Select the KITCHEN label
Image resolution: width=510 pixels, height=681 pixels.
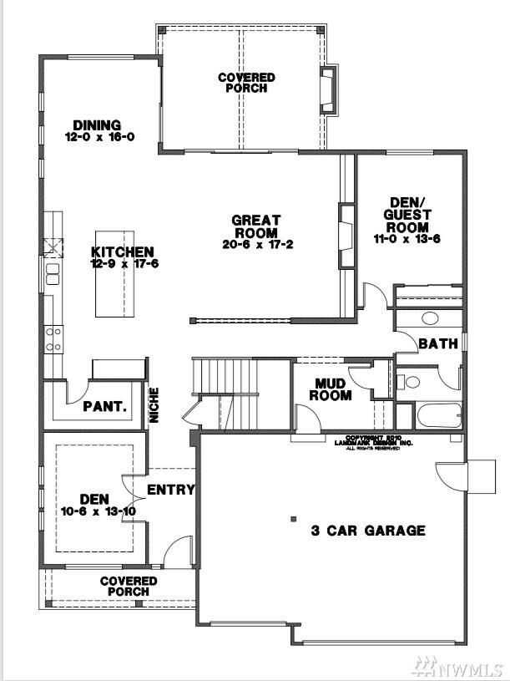tap(123, 252)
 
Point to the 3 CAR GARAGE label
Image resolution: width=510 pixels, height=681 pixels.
tap(368, 530)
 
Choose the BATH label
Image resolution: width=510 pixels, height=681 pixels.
tap(437, 343)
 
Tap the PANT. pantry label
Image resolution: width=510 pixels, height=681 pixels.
tap(105, 408)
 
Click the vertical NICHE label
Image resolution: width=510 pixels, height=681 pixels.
tap(155, 405)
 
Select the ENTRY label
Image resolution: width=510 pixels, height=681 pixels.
tap(170, 490)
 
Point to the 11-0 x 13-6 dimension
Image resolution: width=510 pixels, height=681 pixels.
tap(407, 238)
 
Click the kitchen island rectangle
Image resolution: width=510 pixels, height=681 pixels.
tap(115, 274)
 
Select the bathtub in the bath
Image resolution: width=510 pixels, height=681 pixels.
tap(437, 414)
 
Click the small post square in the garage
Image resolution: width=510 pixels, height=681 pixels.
tap(293, 519)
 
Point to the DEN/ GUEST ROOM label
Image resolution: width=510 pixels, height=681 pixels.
tap(407, 214)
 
